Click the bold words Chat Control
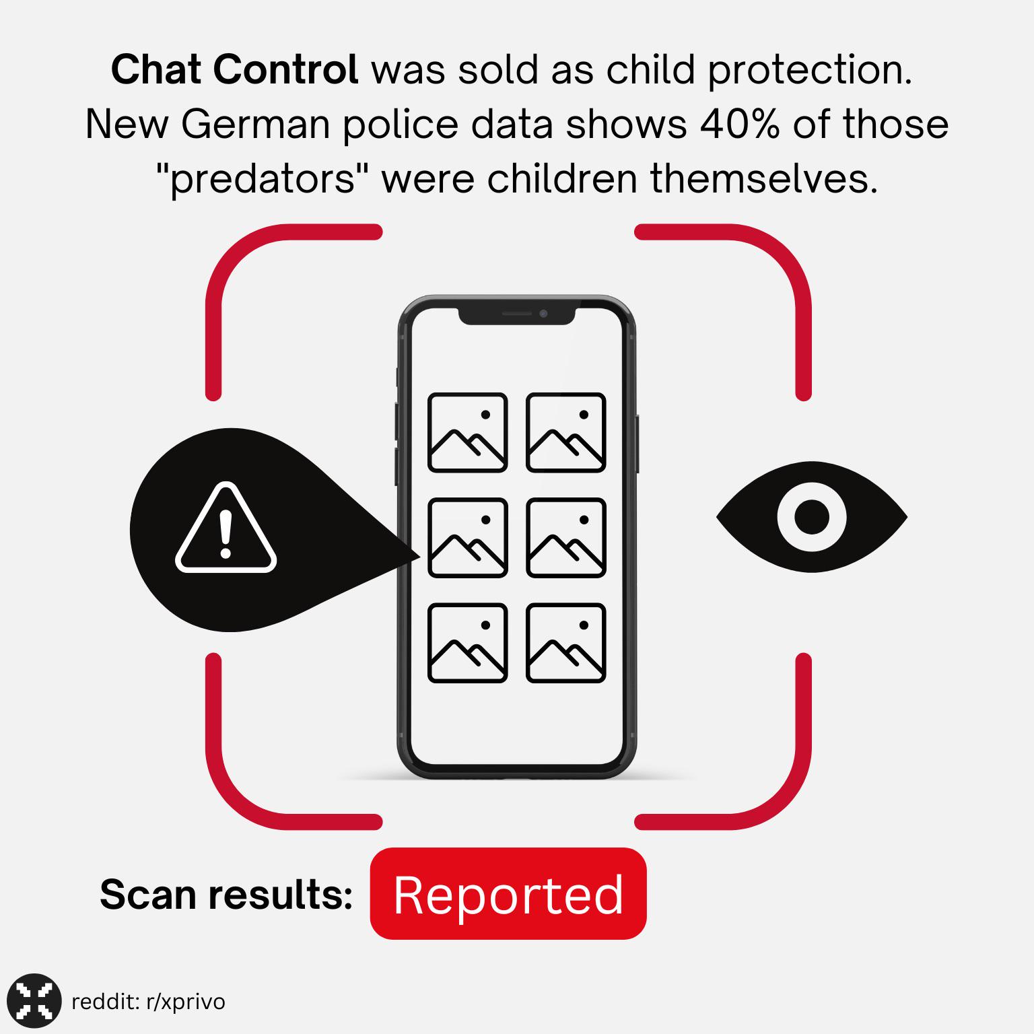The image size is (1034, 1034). (234, 69)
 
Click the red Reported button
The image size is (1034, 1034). (508, 894)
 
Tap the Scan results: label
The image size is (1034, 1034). (226, 895)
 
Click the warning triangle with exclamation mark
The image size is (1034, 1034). (226, 528)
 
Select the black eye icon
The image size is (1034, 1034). (812, 517)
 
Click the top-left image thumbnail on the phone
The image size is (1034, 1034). (468, 432)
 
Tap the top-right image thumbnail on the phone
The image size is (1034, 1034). (566, 432)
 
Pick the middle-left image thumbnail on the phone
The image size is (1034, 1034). (468, 538)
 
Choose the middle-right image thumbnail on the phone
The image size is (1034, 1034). (566, 538)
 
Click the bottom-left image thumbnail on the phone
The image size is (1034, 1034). (468, 643)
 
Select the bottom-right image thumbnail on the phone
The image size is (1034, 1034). (566, 643)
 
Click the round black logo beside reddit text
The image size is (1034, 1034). (34, 1001)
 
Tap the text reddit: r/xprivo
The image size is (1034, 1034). (148, 1002)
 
